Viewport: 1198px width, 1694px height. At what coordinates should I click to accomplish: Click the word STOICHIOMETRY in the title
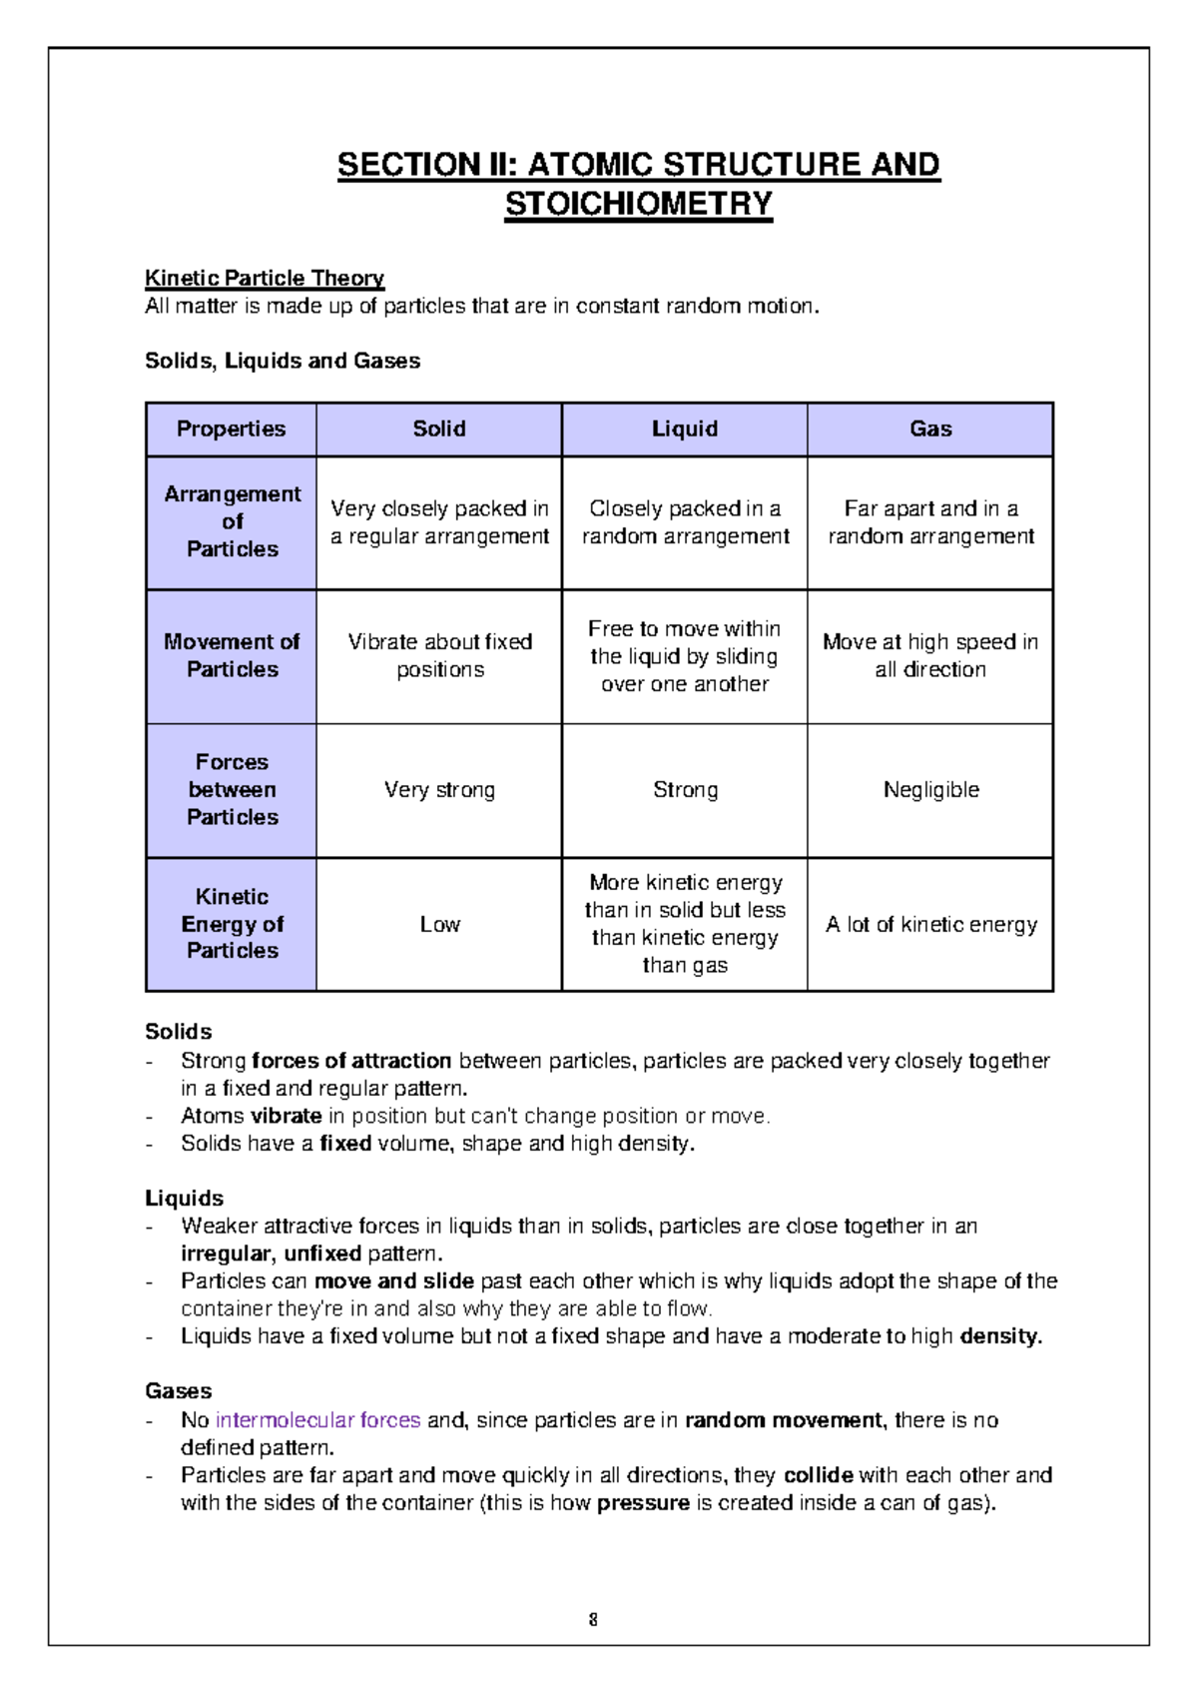[638, 204]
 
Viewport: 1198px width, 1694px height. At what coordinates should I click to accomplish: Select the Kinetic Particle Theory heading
[265, 278]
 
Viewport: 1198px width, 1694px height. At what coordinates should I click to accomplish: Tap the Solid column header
[439, 428]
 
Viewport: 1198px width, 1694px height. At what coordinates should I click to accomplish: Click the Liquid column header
[685, 428]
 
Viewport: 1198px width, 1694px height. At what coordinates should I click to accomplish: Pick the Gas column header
[930, 428]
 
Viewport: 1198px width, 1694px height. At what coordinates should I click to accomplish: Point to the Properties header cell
[231, 428]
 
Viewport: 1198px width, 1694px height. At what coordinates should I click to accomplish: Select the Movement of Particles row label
[232, 655]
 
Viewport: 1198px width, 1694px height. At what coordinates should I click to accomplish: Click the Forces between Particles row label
[232, 789]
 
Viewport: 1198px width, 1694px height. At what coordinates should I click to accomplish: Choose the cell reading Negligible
[930, 790]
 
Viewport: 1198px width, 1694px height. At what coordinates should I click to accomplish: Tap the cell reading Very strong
[439, 790]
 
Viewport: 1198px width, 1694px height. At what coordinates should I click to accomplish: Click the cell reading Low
[439, 924]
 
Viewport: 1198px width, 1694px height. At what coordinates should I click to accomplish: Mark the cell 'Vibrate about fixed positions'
[439, 655]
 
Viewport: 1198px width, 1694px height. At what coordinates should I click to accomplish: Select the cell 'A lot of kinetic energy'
[930, 924]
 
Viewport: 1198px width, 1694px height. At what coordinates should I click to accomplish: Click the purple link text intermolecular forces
[317, 1419]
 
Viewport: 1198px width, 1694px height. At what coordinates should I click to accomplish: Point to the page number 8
[593, 1619]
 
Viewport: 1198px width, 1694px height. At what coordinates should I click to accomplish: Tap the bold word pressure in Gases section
[643, 1502]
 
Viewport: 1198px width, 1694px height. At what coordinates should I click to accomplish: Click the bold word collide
[818, 1474]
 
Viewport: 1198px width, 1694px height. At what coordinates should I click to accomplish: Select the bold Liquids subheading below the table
[184, 1198]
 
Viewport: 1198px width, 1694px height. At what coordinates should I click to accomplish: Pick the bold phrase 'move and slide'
[393, 1280]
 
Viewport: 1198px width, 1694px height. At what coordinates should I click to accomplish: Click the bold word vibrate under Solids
[286, 1116]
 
